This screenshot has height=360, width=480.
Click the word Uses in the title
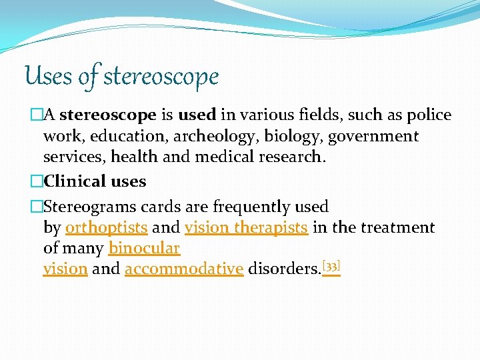click(x=49, y=76)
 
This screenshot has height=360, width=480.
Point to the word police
click(x=427, y=115)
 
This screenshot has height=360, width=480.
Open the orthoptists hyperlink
click(x=107, y=228)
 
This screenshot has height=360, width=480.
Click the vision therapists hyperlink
click(x=246, y=228)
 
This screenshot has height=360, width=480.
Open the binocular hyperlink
click(x=144, y=249)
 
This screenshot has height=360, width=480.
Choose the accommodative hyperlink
click(x=184, y=269)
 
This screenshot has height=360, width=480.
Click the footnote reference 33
click(x=331, y=266)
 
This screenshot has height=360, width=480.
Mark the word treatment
click(x=397, y=228)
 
